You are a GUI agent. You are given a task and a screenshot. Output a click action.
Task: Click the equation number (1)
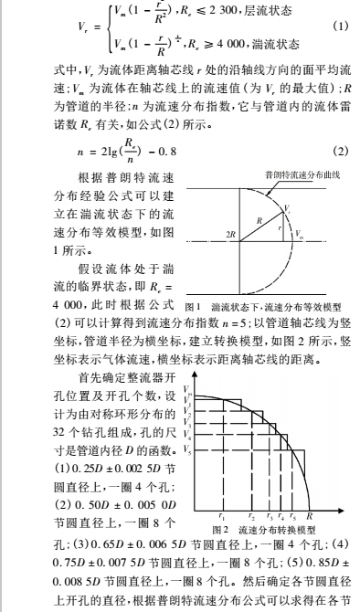click(342, 24)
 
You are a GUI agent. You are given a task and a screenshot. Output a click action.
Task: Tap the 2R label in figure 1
click(206, 236)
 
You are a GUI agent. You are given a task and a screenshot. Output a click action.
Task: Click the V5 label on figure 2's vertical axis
click(186, 449)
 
